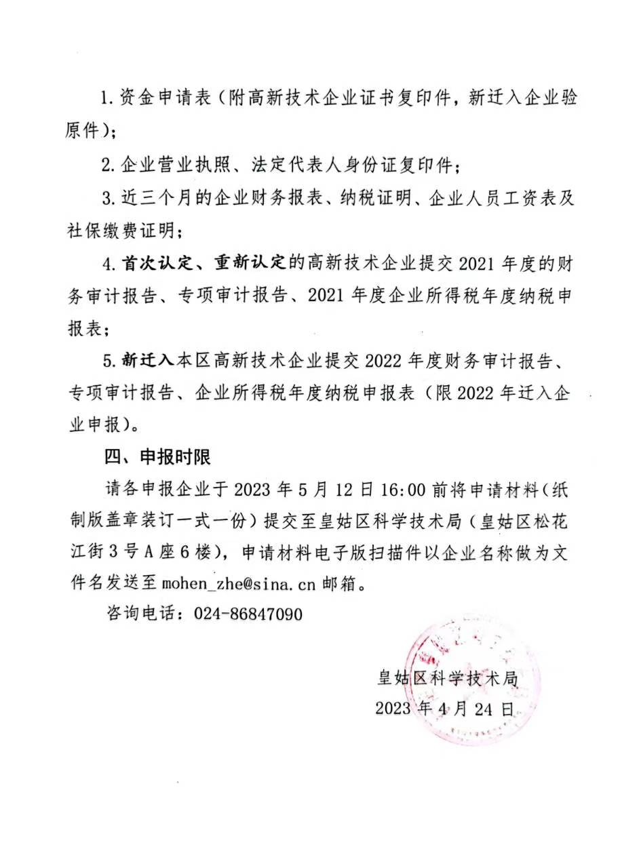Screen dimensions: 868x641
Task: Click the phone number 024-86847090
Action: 248,614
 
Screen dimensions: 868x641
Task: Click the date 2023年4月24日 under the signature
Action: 444,708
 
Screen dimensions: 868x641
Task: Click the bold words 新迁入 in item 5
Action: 148,361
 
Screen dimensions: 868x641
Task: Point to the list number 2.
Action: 106,164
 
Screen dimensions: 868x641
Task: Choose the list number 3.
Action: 106,197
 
